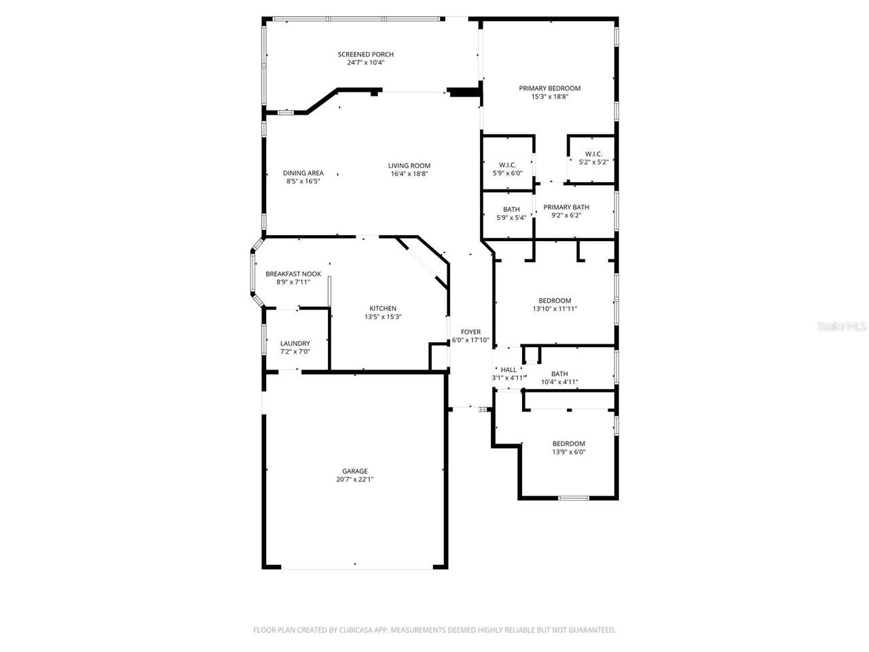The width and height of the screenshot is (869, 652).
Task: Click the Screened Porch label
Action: pyautogui.click(x=366, y=54)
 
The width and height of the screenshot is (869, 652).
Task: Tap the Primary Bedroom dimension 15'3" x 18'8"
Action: pyautogui.click(x=549, y=97)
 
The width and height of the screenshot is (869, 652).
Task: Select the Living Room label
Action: pyautogui.click(x=409, y=166)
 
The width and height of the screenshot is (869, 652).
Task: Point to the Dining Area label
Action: pyautogui.click(x=303, y=173)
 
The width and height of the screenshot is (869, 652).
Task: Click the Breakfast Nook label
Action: pyautogui.click(x=293, y=274)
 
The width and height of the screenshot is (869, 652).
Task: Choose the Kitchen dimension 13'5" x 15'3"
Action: pyautogui.click(x=383, y=316)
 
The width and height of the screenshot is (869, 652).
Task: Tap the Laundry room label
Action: pyautogui.click(x=295, y=344)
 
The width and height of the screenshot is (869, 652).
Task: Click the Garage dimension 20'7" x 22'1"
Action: pyautogui.click(x=354, y=479)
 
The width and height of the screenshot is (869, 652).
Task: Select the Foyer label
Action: pyautogui.click(x=470, y=332)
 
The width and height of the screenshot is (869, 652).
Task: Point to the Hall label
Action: pyautogui.click(x=509, y=369)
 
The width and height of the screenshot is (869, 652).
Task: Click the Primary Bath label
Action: pyautogui.click(x=566, y=207)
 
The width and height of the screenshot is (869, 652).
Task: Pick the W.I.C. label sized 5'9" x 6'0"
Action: pyautogui.click(x=507, y=165)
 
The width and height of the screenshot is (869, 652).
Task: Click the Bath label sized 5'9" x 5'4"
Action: pyautogui.click(x=511, y=209)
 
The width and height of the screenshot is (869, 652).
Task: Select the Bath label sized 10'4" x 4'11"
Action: pyautogui.click(x=559, y=374)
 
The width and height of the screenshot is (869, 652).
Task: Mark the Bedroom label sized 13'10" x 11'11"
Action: pyautogui.click(x=555, y=300)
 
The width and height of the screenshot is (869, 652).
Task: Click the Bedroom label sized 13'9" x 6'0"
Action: pyautogui.click(x=568, y=443)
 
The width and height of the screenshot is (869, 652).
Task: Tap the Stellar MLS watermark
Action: pyautogui.click(x=842, y=327)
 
